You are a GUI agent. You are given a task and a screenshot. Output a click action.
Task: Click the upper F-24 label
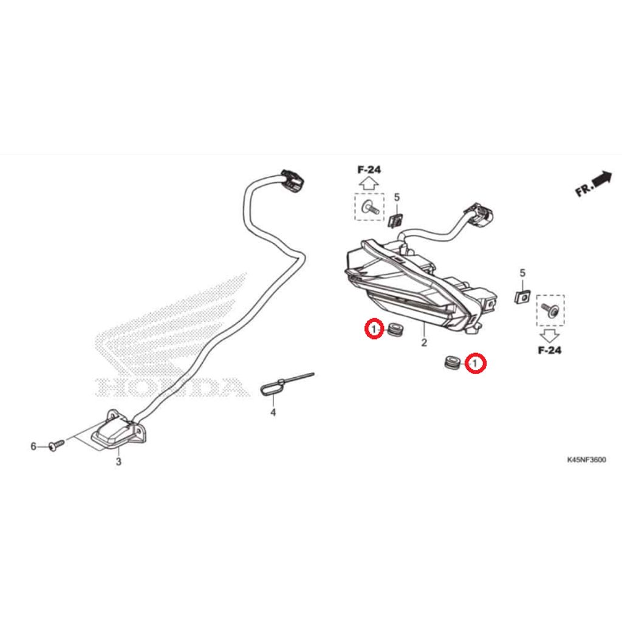369,169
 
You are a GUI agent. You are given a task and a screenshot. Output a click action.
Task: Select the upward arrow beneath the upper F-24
368,183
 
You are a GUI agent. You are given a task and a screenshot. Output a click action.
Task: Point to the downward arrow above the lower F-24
550,335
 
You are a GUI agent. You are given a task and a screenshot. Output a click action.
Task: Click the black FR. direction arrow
601,178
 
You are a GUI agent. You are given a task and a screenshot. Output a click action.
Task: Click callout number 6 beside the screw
33,447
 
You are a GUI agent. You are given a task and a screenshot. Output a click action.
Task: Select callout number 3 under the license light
118,462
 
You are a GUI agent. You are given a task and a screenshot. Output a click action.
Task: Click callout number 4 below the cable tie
273,412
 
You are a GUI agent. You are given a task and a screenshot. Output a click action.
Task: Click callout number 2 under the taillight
424,343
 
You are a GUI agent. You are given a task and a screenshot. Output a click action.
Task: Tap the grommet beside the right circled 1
452,363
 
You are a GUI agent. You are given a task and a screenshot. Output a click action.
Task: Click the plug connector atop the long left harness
292,180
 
